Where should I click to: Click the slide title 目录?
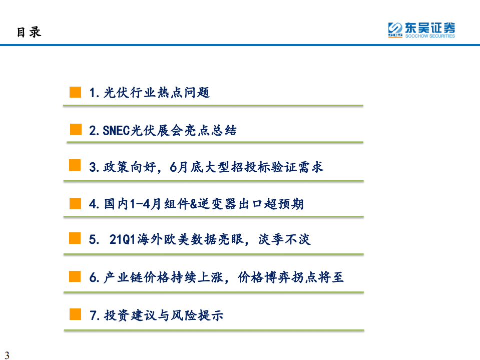pyautogui.click(x=29, y=32)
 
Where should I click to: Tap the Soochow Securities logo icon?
pyautogui.click(x=395, y=30)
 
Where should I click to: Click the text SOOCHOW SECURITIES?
pyautogui.click(x=430, y=36)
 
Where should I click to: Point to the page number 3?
pyautogui.click(x=7, y=355)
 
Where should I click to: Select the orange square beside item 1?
pyautogui.click(x=75, y=92)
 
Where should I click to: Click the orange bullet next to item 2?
pyautogui.click(x=76, y=130)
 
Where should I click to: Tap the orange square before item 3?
pyautogui.click(x=75, y=166)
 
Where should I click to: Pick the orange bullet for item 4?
pyautogui.click(x=75, y=203)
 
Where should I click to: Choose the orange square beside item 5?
pyautogui.click(x=75, y=238)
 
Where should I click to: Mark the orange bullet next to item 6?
pyautogui.click(x=75, y=276)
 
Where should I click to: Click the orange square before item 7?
pyautogui.click(x=75, y=314)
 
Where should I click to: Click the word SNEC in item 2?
pyautogui.click(x=116, y=131)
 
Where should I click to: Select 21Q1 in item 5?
pyautogui.click(x=122, y=239)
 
